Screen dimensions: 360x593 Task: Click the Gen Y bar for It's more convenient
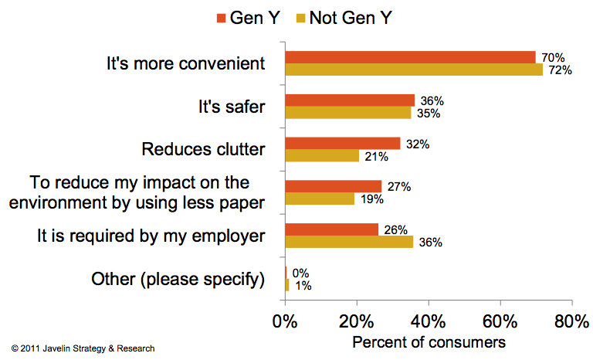point(410,57)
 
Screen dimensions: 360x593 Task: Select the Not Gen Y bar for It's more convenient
point(414,70)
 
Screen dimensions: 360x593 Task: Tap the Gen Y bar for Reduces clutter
point(343,144)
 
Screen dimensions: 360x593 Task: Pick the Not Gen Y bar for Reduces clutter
point(323,156)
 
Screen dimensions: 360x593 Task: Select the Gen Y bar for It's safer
point(350,100)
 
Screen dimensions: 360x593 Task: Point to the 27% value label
point(399,186)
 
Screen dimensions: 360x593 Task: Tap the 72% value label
point(559,70)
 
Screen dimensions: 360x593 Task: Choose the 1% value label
point(303,285)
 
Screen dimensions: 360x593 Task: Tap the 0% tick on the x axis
point(286,321)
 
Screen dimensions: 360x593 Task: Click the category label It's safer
point(231,107)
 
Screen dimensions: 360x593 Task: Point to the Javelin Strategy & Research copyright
point(83,349)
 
